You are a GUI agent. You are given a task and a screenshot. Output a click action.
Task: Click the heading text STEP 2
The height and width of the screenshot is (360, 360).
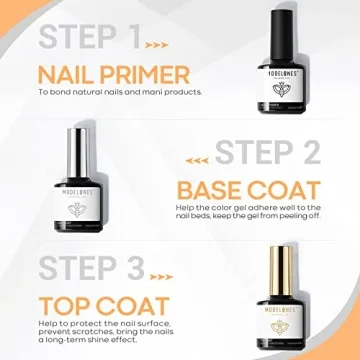(x=268, y=154)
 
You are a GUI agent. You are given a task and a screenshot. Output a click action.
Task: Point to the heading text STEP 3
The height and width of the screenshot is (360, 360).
(x=89, y=269)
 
